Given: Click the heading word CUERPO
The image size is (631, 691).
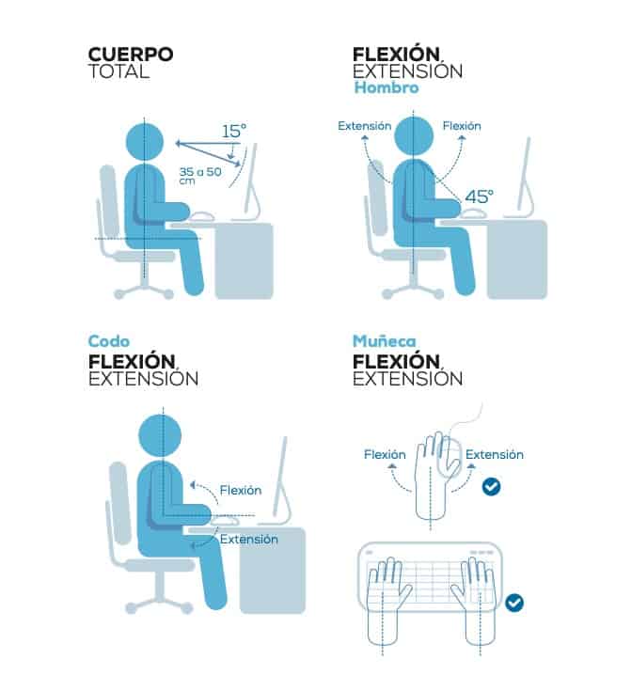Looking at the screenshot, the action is [131, 55].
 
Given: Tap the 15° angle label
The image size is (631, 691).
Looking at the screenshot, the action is [234, 131].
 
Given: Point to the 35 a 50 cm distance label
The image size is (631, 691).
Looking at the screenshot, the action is [200, 175].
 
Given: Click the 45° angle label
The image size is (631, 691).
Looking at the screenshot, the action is [479, 196].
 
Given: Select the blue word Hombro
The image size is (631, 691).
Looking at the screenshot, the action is [386, 87].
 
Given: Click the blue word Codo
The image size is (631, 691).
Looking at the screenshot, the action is [109, 341].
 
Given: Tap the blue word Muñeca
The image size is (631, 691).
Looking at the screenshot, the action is [385, 340].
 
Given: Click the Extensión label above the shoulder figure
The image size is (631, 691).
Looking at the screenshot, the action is [365, 126].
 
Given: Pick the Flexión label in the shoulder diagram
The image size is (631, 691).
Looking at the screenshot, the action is [462, 126].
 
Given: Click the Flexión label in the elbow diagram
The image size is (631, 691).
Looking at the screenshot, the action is [241, 490].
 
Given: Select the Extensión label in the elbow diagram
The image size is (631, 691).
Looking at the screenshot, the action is [248, 539].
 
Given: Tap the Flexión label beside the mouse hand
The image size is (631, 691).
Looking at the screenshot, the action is [385, 454].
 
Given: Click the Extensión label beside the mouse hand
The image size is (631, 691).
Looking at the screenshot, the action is [495, 454].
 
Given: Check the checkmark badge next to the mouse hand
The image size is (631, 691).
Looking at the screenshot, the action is [491, 487].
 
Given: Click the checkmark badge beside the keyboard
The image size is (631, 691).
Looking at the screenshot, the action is [514, 603].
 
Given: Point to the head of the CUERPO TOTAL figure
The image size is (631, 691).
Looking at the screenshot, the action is [145, 142].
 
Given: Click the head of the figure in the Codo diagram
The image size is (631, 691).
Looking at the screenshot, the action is [160, 436].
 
